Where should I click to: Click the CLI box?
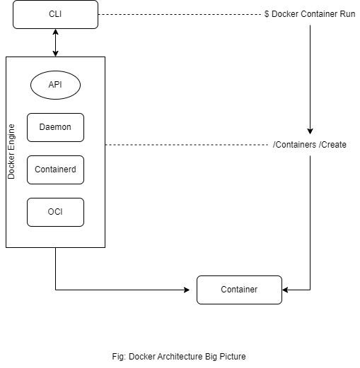[55, 14]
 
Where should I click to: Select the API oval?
[55, 85]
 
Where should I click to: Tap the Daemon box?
[55, 127]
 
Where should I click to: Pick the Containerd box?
[55, 170]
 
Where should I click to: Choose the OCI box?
[55, 212]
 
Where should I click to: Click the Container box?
[239, 290]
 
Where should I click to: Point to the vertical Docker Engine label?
[11, 152]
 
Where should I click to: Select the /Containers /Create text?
[310, 145]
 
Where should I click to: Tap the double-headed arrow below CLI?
[55, 42]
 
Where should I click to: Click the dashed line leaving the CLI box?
[177, 14]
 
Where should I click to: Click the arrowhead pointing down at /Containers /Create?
[310, 131]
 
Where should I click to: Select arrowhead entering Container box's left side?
[192, 290]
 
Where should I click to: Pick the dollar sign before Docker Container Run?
[267, 14]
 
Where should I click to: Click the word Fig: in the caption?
[119, 357]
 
